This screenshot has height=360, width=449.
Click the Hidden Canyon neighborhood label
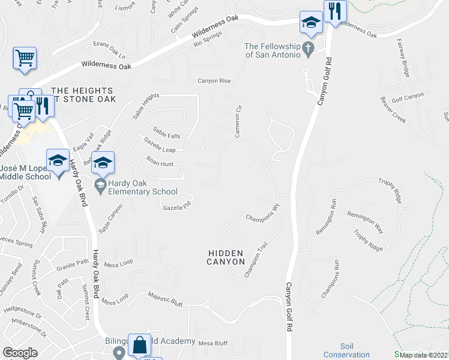tap(226, 257)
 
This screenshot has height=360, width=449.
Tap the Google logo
tap(20, 353)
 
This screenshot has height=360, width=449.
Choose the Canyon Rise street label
tap(214, 80)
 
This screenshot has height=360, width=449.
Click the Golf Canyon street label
tap(408, 95)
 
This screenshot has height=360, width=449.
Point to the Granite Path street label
tap(73, 265)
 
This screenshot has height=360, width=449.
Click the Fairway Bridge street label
tap(403, 58)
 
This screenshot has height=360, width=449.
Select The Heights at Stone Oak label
tap(83, 94)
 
